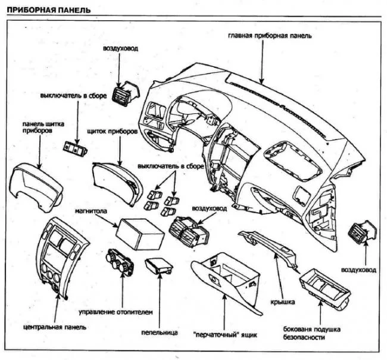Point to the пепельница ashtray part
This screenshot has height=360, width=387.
(159, 265)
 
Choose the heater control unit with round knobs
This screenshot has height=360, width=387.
(123, 264)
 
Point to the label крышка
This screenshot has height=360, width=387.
(283, 303)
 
